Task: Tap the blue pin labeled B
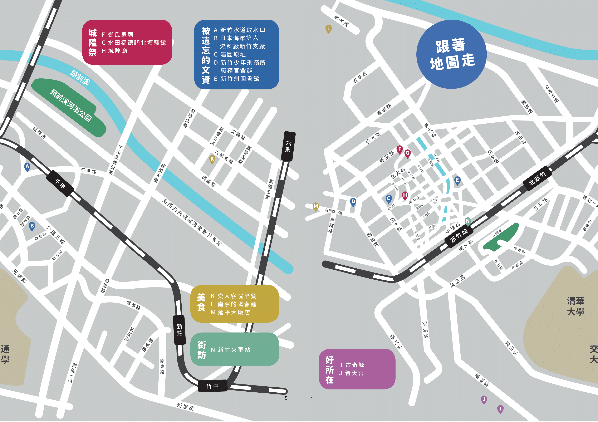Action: point(32,226)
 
